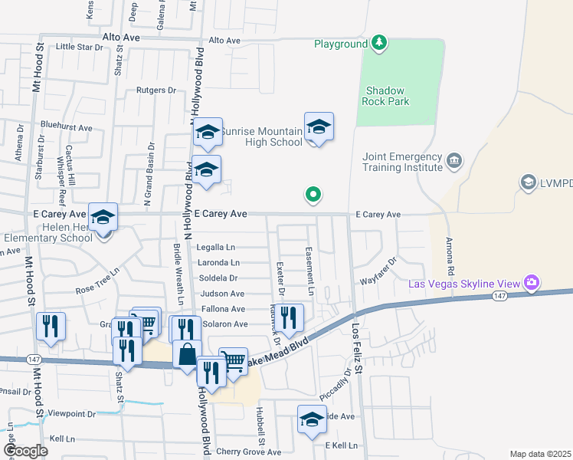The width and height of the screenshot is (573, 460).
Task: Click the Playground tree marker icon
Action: tap(378, 44)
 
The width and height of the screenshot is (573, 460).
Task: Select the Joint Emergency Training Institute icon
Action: tap(454, 160)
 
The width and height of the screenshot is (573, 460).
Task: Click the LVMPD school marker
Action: tap(528, 182)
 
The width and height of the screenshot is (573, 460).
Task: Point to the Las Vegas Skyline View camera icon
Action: tap(531, 283)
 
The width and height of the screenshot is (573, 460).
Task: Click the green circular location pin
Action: tap(313, 195)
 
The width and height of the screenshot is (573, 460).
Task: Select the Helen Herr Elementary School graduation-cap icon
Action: tap(102, 218)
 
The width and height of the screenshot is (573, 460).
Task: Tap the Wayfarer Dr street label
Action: tap(381, 271)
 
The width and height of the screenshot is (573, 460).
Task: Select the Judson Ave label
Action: tap(222, 294)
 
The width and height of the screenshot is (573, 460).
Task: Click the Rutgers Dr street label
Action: tap(156, 90)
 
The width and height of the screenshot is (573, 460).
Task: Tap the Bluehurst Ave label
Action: tap(67, 128)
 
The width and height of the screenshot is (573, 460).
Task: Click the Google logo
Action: tap(25, 451)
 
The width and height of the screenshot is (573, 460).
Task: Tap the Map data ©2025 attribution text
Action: tap(540, 454)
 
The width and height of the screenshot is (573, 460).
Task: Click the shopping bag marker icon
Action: tap(187, 354)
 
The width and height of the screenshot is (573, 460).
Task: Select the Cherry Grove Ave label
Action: tap(249, 452)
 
